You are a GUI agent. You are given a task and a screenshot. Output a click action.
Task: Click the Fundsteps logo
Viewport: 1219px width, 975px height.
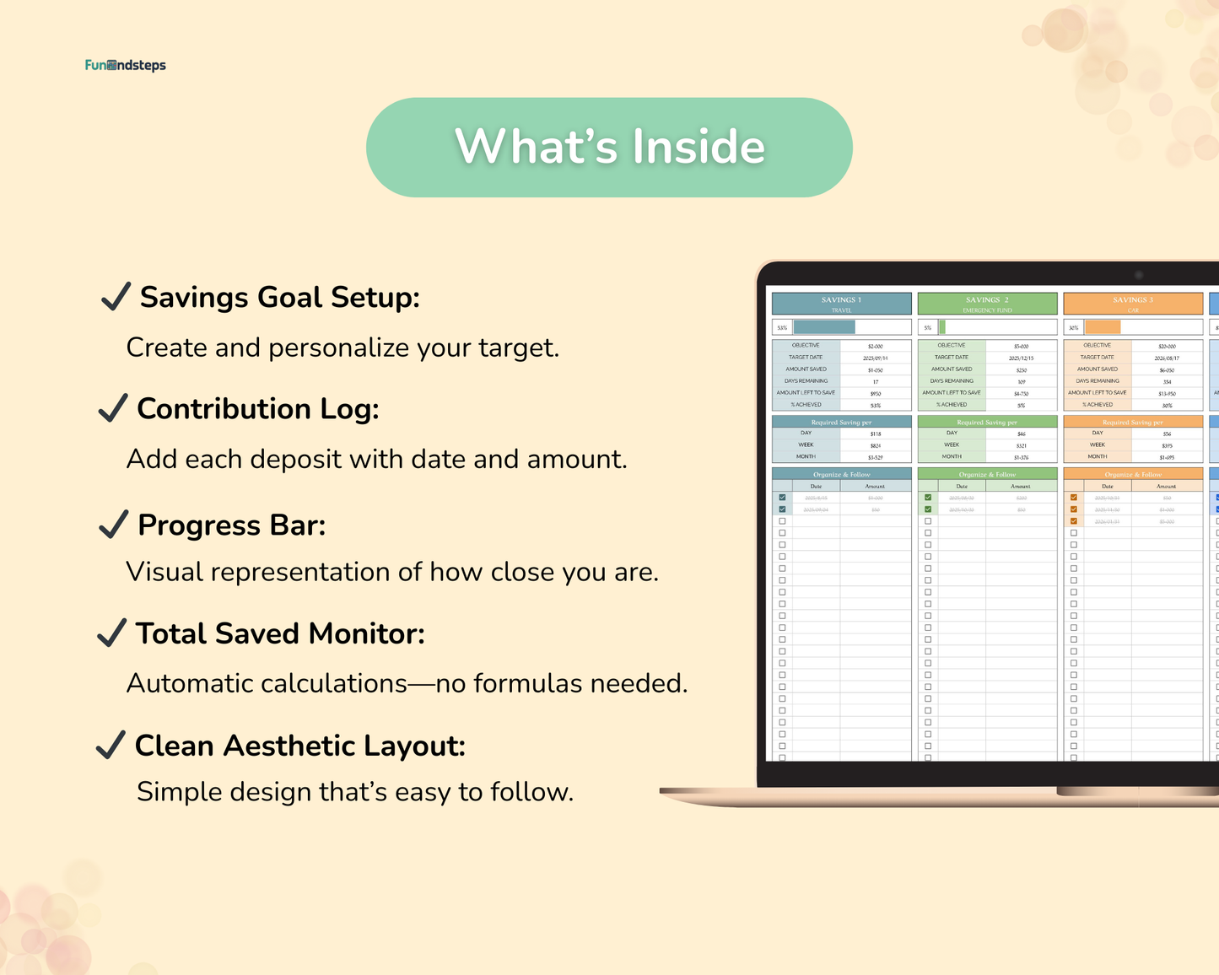pos(126,65)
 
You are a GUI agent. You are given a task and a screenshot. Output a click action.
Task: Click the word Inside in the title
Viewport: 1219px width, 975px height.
pos(698,146)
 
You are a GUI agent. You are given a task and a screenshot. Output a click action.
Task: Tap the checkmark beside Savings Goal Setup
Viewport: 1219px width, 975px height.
pos(116,297)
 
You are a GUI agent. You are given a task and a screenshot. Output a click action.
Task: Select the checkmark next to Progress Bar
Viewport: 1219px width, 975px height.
pos(113,525)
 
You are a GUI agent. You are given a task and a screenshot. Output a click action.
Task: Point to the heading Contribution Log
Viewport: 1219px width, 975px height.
pos(258,409)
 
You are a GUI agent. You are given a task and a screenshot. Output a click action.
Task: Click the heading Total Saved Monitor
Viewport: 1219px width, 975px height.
pos(280,633)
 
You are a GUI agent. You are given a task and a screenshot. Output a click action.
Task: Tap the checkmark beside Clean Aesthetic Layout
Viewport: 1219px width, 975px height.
pos(111,746)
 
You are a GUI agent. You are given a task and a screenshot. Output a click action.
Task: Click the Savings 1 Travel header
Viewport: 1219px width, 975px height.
pos(841,304)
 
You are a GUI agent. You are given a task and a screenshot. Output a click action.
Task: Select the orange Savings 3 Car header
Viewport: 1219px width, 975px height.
pos(1133,304)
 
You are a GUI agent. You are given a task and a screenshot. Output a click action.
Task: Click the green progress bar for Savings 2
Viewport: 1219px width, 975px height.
pos(942,327)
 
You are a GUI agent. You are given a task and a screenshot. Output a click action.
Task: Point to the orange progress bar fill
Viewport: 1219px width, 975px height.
pos(1103,327)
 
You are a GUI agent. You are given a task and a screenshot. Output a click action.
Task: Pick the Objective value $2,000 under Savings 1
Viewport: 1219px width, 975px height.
pos(876,346)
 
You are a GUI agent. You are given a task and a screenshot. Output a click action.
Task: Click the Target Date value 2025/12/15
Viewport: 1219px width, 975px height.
pos(1021,358)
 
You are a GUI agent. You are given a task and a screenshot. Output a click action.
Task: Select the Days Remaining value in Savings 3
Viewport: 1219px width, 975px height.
pos(1167,381)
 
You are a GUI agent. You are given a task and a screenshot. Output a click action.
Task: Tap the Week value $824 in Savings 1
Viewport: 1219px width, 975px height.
pos(876,445)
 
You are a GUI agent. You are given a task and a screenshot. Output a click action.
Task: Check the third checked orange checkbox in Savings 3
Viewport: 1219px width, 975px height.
pos(1074,521)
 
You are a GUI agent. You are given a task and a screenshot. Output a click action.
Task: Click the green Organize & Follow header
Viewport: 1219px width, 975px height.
pos(987,474)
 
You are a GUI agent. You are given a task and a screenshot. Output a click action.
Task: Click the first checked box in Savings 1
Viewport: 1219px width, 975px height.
pos(783,498)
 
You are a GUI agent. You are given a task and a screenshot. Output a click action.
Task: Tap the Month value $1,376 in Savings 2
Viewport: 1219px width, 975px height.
pos(1021,457)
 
